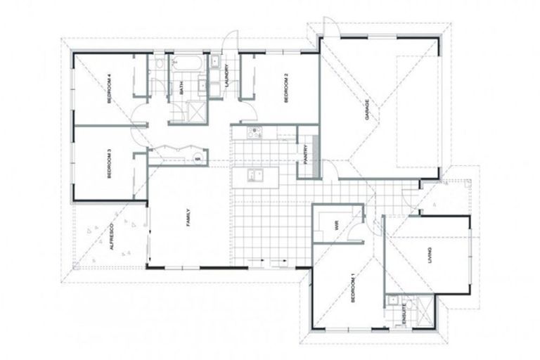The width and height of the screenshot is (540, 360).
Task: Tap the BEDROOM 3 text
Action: pos(110,164)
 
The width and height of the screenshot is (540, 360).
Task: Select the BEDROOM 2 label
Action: pos(286,89)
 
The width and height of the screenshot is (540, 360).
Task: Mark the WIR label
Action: pos(337,226)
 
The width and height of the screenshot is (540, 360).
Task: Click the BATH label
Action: pos(181,89)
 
